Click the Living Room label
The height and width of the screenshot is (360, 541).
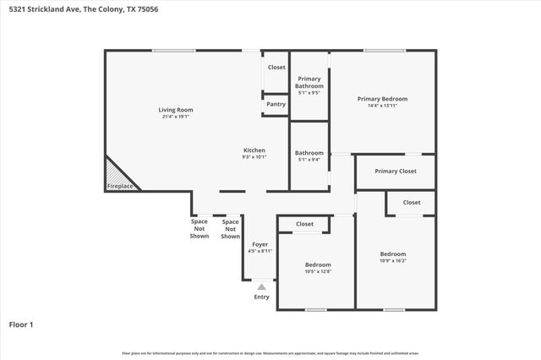click(x=176, y=109)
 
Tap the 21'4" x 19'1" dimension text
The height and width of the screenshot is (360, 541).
click(x=176, y=117)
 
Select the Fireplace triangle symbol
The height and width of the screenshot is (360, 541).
click(x=117, y=175)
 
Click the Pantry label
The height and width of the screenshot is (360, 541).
click(x=276, y=104)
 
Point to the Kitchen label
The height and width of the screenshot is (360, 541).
click(x=254, y=150)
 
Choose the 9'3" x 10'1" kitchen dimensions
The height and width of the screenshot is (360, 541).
click(x=254, y=156)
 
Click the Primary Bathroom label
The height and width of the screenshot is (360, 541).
click(x=309, y=82)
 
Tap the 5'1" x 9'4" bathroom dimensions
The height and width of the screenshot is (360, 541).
click(x=309, y=160)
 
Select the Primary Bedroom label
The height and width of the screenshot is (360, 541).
click(x=383, y=98)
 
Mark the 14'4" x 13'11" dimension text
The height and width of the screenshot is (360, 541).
click(x=383, y=106)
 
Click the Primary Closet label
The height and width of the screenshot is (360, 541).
click(x=396, y=172)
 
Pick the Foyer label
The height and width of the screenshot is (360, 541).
click(x=260, y=244)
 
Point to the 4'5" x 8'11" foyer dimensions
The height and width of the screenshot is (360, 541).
click(x=260, y=251)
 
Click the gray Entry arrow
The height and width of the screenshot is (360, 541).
click(x=262, y=287)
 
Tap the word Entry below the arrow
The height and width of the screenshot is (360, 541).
click(x=262, y=297)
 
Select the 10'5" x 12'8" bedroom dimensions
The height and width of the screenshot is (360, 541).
click(x=318, y=271)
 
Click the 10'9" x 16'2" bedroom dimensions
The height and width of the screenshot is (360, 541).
click(x=393, y=261)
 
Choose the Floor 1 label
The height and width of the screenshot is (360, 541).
click(x=21, y=324)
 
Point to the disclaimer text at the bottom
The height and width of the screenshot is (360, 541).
click(x=270, y=353)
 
